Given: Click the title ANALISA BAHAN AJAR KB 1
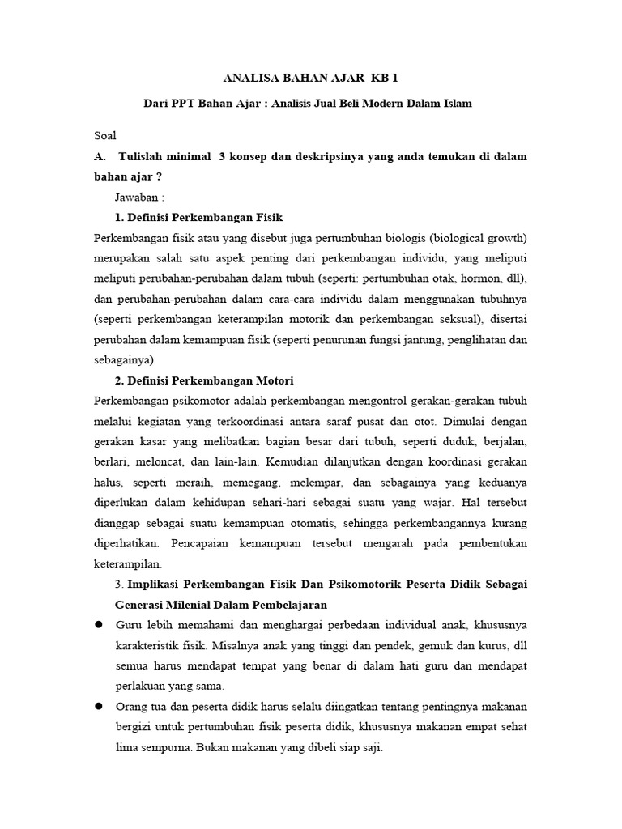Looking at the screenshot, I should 311,79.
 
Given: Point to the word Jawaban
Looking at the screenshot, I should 138,198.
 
